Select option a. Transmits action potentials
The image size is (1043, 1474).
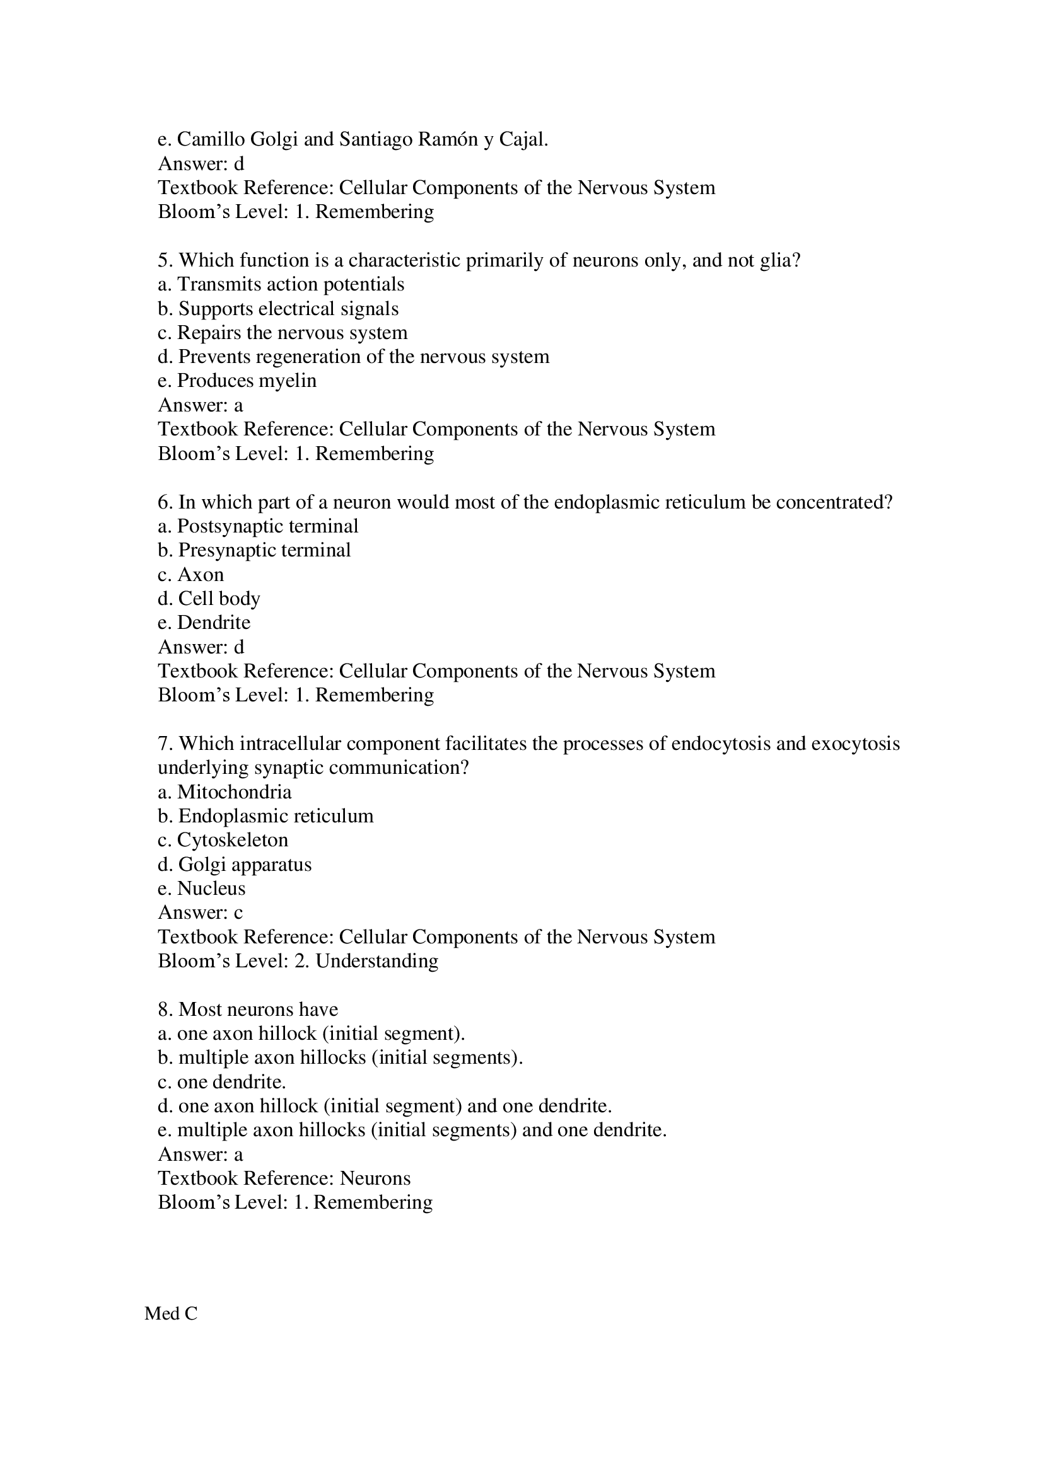(x=281, y=284)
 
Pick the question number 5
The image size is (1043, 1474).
(x=165, y=260)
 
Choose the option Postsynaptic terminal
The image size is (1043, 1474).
(x=257, y=526)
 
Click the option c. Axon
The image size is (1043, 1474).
(x=190, y=574)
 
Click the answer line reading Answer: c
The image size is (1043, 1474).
(x=201, y=913)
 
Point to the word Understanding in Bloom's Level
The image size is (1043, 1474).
(x=377, y=960)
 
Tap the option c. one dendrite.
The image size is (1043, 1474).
(x=221, y=1082)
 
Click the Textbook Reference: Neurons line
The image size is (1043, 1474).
(x=284, y=1178)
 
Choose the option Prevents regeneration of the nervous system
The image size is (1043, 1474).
(x=353, y=356)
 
